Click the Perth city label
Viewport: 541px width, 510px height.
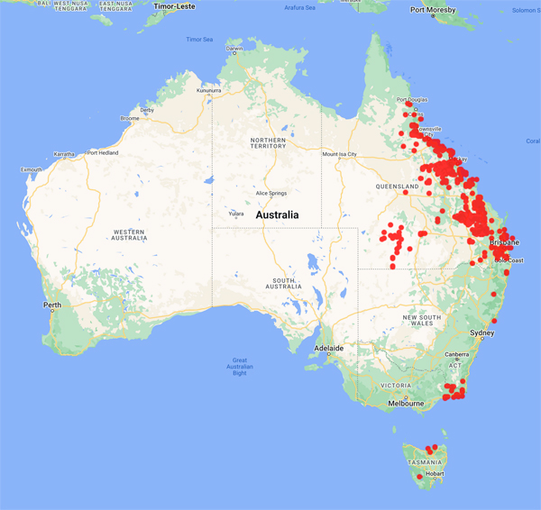52,305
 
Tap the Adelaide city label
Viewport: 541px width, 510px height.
328,347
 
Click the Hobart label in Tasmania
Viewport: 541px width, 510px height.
435,473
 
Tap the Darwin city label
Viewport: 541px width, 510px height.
234,49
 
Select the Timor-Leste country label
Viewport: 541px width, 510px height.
176,5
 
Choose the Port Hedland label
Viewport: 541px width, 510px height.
104,153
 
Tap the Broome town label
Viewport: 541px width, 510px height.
130,118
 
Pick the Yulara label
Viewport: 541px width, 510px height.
235,214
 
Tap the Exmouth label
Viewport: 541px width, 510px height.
31,169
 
